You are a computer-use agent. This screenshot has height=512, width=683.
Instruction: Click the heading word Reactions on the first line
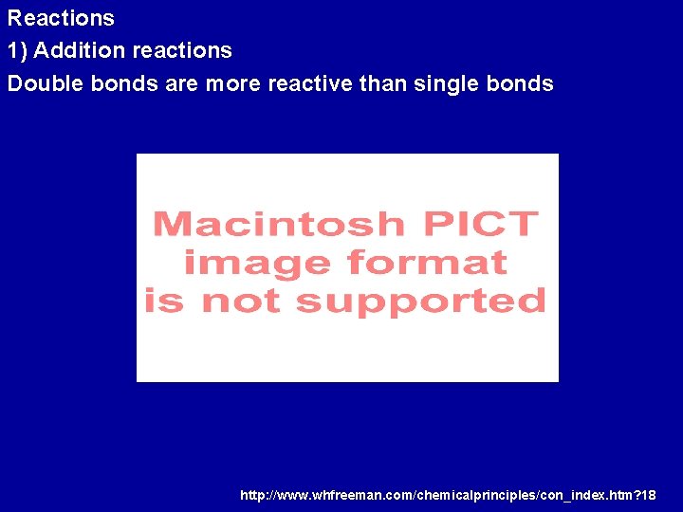61,18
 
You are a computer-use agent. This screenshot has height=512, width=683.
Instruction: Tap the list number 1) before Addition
18,50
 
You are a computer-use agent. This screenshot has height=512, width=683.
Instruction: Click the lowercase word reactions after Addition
182,50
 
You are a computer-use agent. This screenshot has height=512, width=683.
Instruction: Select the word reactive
310,83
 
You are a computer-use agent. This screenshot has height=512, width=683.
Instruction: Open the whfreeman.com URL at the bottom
448,495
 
